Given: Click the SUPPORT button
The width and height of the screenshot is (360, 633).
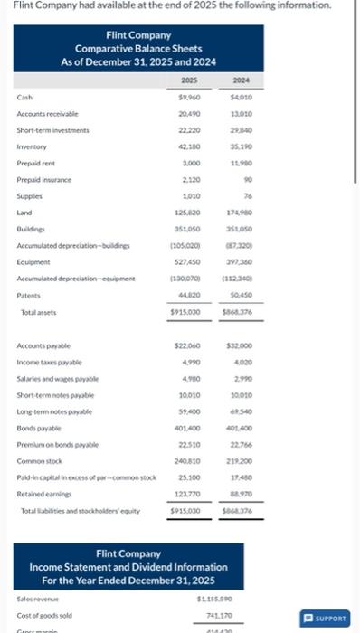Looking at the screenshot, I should click(325, 619).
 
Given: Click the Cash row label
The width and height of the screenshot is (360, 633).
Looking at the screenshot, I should click(24, 97).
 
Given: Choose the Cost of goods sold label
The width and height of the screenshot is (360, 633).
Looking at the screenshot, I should click(44, 614).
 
